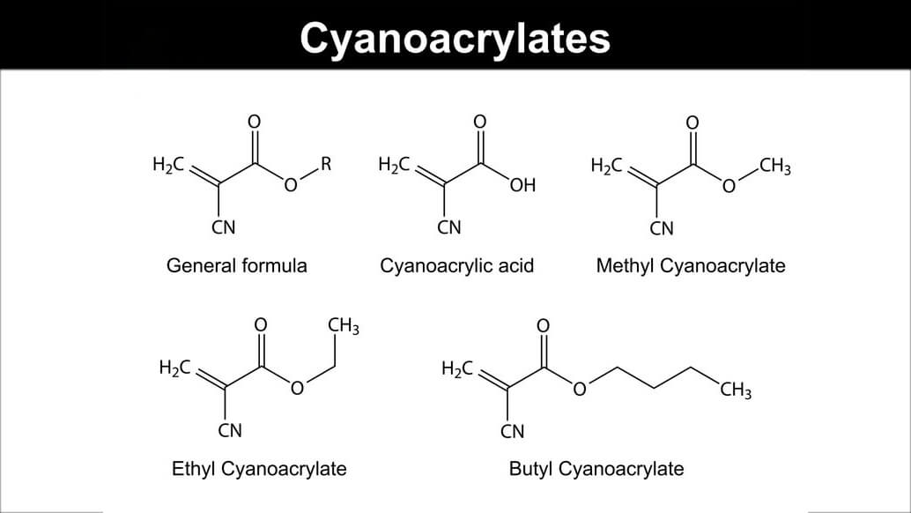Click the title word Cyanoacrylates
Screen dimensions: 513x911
[455, 38]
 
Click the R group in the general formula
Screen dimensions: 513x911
[326, 163]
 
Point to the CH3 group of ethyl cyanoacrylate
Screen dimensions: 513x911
[344, 326]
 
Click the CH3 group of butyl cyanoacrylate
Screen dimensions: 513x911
[736, 388]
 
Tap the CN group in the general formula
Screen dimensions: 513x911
[224, 228]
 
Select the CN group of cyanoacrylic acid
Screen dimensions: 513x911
[449, 228]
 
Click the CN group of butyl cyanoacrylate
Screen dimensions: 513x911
[512, 431]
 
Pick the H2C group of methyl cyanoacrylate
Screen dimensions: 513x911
[607, 165]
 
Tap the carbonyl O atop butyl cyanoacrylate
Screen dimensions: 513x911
[543, 325]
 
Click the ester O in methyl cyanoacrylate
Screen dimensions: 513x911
[729, 186]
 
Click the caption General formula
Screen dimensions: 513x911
[237, 265]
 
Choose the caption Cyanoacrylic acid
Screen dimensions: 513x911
[456, 265]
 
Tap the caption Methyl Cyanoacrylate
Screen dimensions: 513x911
[690, 265]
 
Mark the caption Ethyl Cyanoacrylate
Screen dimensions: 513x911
[259, 468]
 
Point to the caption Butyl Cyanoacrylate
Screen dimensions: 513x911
[596, 468]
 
